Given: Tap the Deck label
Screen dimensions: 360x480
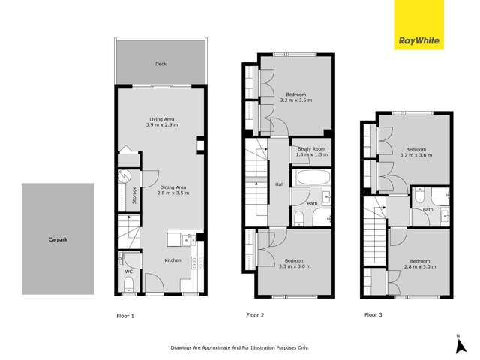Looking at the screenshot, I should point(160,64).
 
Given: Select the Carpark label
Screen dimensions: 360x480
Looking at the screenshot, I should point(58,239).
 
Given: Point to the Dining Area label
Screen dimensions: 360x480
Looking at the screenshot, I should point(172,187).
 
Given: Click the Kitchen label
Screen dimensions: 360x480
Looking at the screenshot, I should point(173,260).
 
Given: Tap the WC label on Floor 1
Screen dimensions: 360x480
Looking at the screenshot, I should point(128,271).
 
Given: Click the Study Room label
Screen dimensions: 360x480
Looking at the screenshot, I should point(311,148).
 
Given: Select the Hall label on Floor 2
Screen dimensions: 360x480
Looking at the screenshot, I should point(279,184).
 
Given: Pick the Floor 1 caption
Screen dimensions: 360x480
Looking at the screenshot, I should point(125,316).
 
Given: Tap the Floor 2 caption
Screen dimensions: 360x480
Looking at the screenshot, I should point(256,316).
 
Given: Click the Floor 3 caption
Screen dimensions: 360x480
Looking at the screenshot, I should point(373,316).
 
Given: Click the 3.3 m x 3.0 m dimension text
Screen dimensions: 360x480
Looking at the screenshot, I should point(295,266).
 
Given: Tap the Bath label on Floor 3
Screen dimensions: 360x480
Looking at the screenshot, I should point(428,209).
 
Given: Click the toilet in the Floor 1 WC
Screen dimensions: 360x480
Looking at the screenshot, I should point(128,283).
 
